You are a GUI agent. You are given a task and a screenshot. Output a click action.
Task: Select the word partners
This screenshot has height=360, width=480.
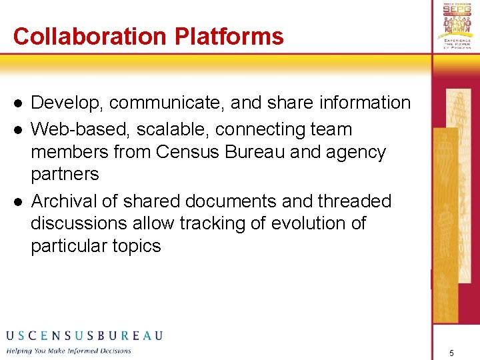[x=65, y=175]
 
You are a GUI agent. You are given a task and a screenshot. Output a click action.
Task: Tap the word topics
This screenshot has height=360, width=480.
[x=138, y=246]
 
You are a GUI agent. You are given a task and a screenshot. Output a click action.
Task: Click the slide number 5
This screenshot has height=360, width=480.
[x=451, y=352]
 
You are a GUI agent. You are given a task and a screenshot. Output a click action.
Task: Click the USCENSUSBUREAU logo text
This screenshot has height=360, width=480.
[x=84, y=335]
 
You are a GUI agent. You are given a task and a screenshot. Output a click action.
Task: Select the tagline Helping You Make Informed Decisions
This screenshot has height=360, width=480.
[x=69, y=351]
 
